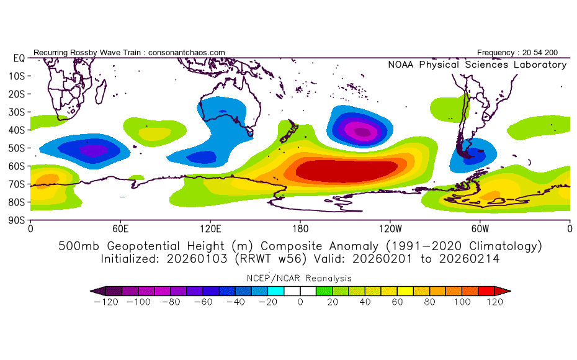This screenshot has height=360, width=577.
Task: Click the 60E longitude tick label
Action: click(x=120, y=229)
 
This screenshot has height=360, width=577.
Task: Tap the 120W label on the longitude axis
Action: click(x=390, y=229)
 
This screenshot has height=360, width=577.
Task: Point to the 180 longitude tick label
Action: click(x=300, y=229)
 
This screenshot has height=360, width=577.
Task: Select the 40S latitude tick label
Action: click(x=17, y=130)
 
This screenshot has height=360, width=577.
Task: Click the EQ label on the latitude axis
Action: click(x=19, y=58)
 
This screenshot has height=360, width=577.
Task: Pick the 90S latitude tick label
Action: click(x=17, y=220)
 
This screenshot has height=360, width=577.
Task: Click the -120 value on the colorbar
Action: click(x=106, y=302)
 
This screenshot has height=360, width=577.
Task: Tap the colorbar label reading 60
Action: click(x=397, y=302)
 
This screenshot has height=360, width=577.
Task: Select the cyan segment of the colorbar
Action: click(x=275, y=291)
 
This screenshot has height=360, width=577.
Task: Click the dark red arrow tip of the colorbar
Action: click(x=503, y=291)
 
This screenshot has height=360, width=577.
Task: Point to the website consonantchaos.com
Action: click(x=187, y=53)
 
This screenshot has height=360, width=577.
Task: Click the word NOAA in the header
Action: click(x=401, y=65)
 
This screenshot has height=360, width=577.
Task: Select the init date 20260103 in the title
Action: click(x=197, y=259)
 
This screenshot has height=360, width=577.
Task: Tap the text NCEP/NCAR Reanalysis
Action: click(x=299, y=278)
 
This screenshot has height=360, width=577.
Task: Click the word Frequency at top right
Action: click(x=496, y=53)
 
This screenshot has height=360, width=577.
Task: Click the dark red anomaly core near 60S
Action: click(x=346, y=171)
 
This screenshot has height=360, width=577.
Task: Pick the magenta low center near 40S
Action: click(x=362, y=131)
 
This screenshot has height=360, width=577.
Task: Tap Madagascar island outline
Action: click(x=101, y=91)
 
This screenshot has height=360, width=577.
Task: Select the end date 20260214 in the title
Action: click(x=469, y=259)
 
